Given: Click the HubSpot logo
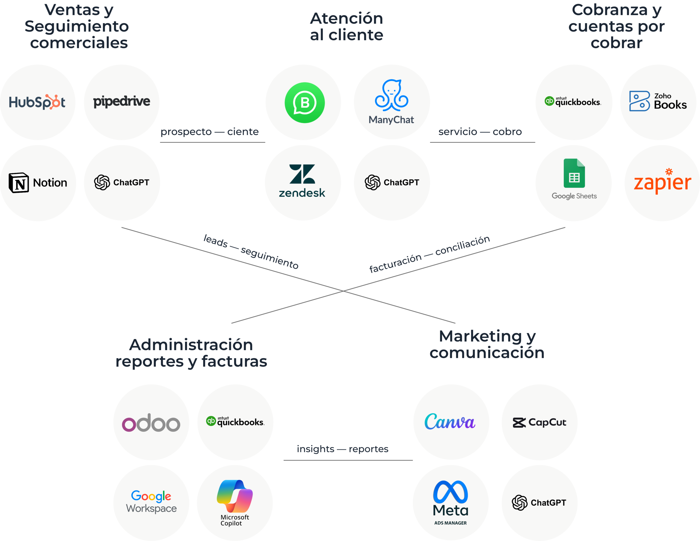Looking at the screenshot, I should (x=37, y=102).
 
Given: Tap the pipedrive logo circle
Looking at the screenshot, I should (x=121, y=102).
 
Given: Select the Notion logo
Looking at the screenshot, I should (x=38, y=183).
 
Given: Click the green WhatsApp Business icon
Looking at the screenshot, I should (x=305, y=103).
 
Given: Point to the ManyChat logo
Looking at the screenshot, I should (x=391, y=102).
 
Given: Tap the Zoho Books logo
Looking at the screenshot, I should (x=658, y=101).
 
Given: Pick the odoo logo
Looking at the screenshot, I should (x=151, y=422).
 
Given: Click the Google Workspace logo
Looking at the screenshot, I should (x=151, y=502).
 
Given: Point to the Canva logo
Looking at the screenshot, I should (x=450, y=422).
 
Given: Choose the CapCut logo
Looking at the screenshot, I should (x=539, y=422).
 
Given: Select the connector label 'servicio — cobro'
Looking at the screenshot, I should (x=480, y=132).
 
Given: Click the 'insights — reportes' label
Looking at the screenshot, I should (x=342, y=449).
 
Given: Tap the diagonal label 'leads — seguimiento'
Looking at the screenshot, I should (x=251, y=252).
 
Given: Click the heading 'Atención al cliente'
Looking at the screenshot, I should (x=346, y=27).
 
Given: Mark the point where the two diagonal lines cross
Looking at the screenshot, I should (x=343, y=291).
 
